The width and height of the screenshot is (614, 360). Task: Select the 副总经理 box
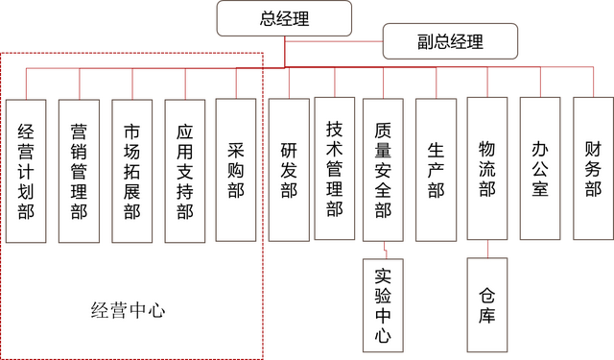(x=450, y=41)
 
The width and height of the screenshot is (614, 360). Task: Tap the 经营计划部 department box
(x=27, y=170)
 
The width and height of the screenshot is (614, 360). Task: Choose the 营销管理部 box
(x=79, y=170)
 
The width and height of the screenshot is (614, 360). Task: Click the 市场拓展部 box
(x=131, y=170)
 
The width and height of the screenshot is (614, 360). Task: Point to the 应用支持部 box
(x=184, y=170)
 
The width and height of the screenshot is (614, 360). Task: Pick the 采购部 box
(x=236, y=170)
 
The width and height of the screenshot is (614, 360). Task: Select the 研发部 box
(x=288, y=169)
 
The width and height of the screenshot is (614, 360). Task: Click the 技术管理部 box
(x=335, y=169)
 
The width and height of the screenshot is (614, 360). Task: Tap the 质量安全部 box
(x=383, y=169)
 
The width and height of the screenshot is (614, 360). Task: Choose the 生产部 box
(x=436, y=169)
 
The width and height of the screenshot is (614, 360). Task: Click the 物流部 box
(x=487, y=169)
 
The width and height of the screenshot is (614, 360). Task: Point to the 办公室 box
(x=539, y=169)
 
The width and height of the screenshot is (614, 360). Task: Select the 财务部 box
(x=592, y=169)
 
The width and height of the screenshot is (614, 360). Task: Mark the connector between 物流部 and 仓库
(x=487, y=250)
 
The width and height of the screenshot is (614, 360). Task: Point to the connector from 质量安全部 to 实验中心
(x=384, y=250)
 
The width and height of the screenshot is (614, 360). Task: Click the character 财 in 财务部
(x=592, y=149)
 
